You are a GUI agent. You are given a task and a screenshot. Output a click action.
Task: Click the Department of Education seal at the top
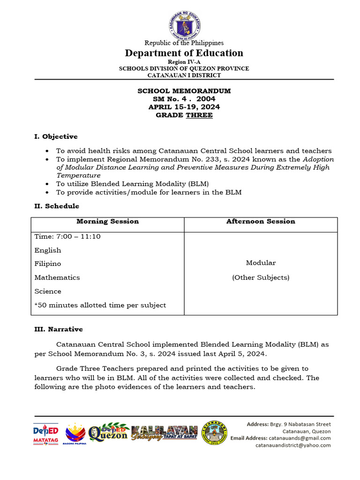[184, 24]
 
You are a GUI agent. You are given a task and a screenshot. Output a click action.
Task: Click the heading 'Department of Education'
[184, 53]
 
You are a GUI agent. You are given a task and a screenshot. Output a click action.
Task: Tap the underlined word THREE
[199, 115]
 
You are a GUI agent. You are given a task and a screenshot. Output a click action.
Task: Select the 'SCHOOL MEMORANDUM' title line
[184, 91]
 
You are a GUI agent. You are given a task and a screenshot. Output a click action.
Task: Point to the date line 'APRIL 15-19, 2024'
[184, 107]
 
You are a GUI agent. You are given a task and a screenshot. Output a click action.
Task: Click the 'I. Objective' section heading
[56, 136]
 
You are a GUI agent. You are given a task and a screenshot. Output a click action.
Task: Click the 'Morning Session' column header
[107, 221]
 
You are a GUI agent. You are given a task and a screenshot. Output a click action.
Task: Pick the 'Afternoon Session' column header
[261, 221]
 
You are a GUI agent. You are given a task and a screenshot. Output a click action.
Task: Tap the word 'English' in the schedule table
[48, 250]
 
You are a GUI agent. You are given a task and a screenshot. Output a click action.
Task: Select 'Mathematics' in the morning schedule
[57, 277]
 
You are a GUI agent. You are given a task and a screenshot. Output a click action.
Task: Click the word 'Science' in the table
[48, 291]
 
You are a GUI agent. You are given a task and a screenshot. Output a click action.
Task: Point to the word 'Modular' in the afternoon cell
[261, 262]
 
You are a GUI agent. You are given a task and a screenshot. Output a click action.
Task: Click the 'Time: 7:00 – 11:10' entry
[67, 236]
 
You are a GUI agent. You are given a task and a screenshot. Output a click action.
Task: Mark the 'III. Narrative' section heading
[59, 329]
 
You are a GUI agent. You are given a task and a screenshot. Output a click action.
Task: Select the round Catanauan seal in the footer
[214, 433]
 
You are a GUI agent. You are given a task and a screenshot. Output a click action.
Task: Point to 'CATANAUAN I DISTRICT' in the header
[184, 75]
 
